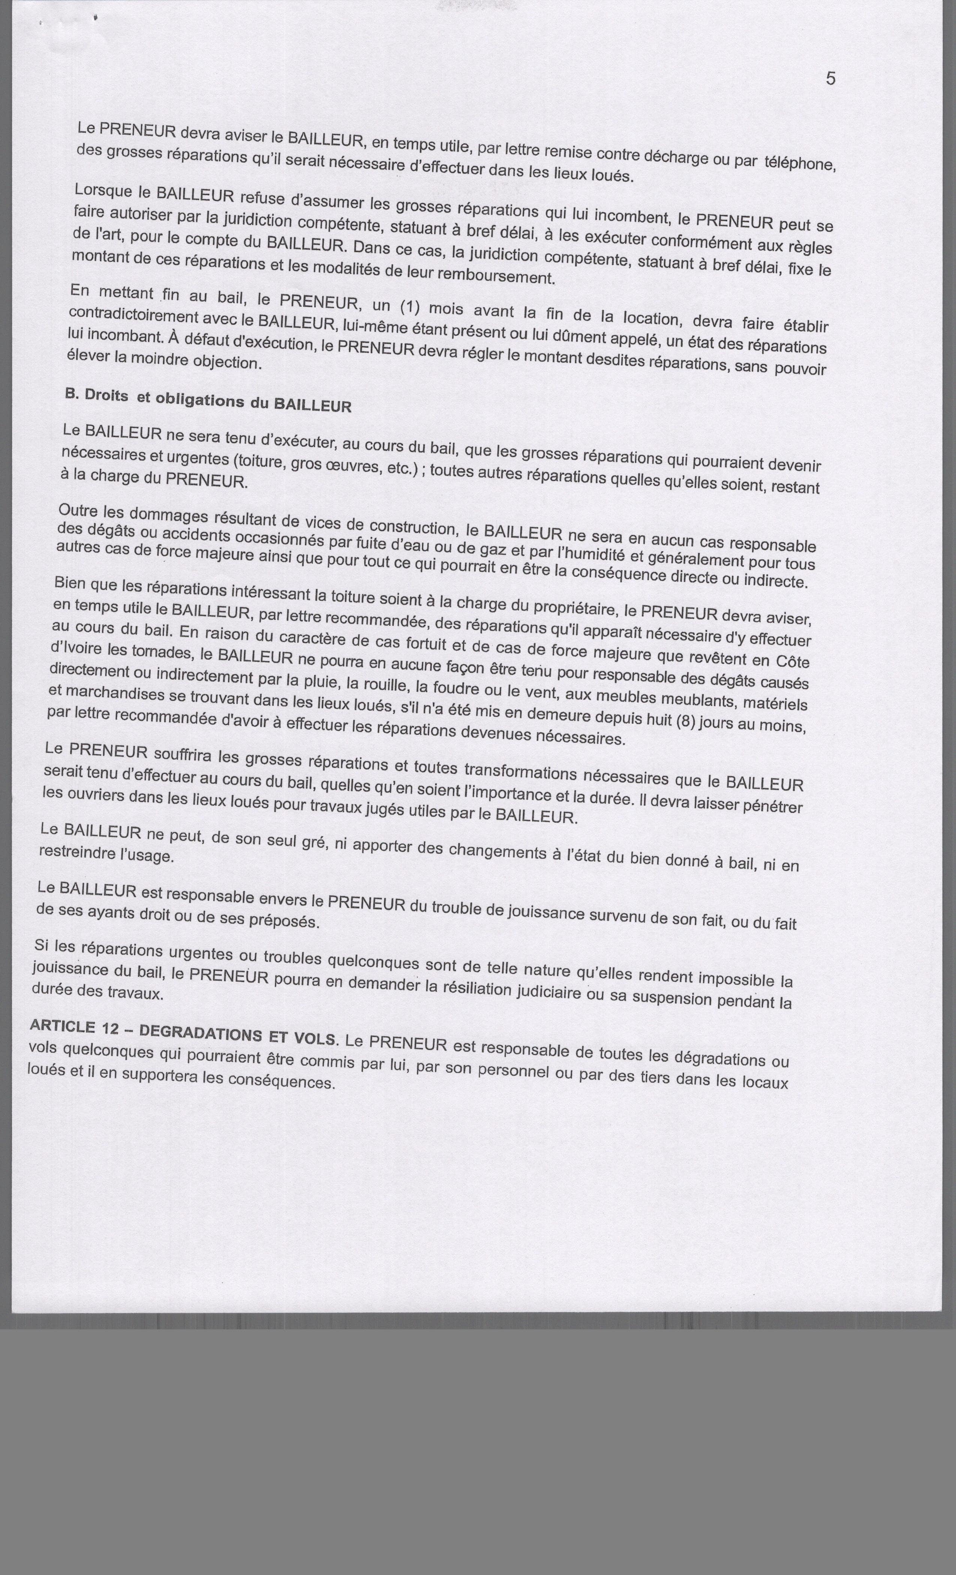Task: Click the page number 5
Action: pos(830,79)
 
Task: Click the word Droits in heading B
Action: pos(107,396)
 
